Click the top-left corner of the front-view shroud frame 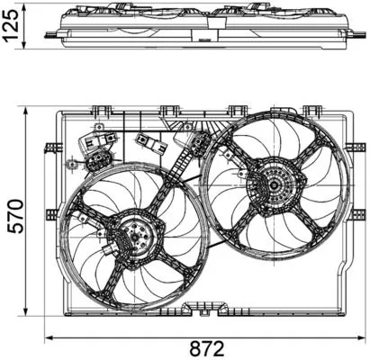tap(59, 114)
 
